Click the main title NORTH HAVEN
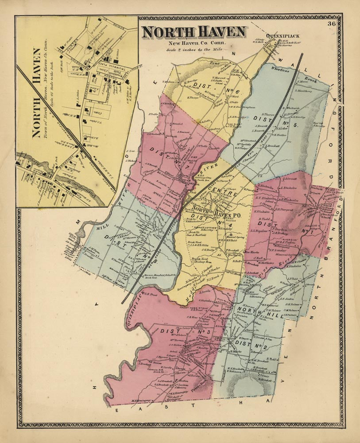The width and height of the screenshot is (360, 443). click(194, 33)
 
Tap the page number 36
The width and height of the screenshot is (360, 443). click(332, 23)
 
